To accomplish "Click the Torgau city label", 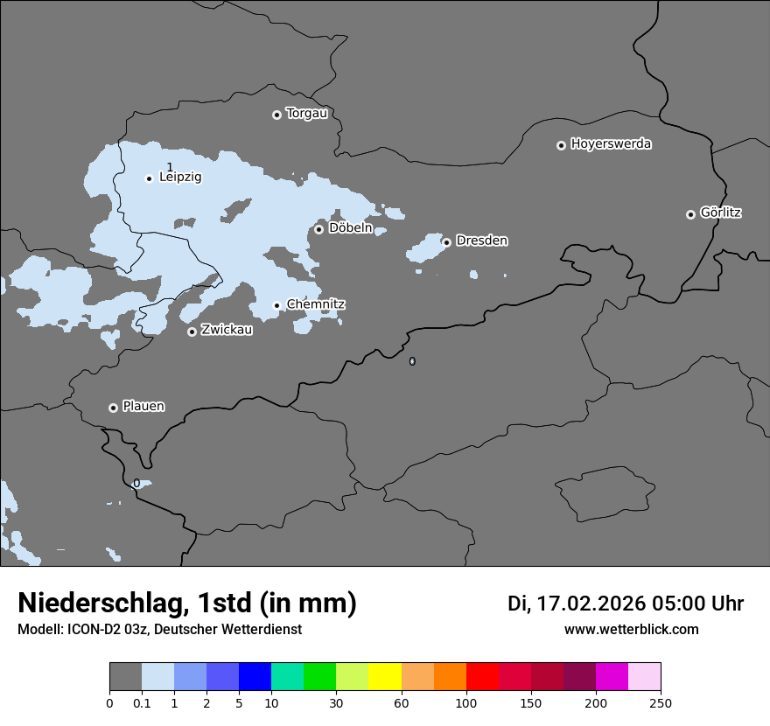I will click(306, 114).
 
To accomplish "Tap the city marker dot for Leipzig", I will click(149, 178).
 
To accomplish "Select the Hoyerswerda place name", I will click(611, 144).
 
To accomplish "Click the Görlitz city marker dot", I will click(690, 214).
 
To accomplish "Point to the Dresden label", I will click(481, 241).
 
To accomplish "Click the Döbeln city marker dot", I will click(318, 229).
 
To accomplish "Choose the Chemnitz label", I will click(316, 304).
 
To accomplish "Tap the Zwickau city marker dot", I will click(192, 332).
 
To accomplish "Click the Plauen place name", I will click(143, 407).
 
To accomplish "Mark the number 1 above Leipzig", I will click(170, 166).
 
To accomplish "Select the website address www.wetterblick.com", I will click(631, 630).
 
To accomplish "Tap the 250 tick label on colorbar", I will click(661, 703).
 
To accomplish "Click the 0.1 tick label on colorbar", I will click(142, 703).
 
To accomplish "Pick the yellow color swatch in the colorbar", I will click(385, 677).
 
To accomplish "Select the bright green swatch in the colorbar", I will click(320, 677).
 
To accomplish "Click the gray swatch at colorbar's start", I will click(125, 677).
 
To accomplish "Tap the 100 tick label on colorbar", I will click(465, 703).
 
